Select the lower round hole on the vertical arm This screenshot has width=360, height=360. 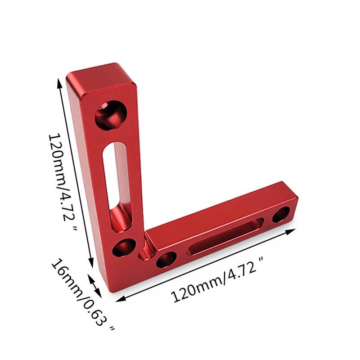tap(124, 247)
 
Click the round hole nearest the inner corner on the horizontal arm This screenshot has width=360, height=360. tap(166, 259)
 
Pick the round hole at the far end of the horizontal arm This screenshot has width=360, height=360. tap(282, 214)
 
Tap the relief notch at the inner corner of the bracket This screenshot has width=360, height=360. tap(146, 250)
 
